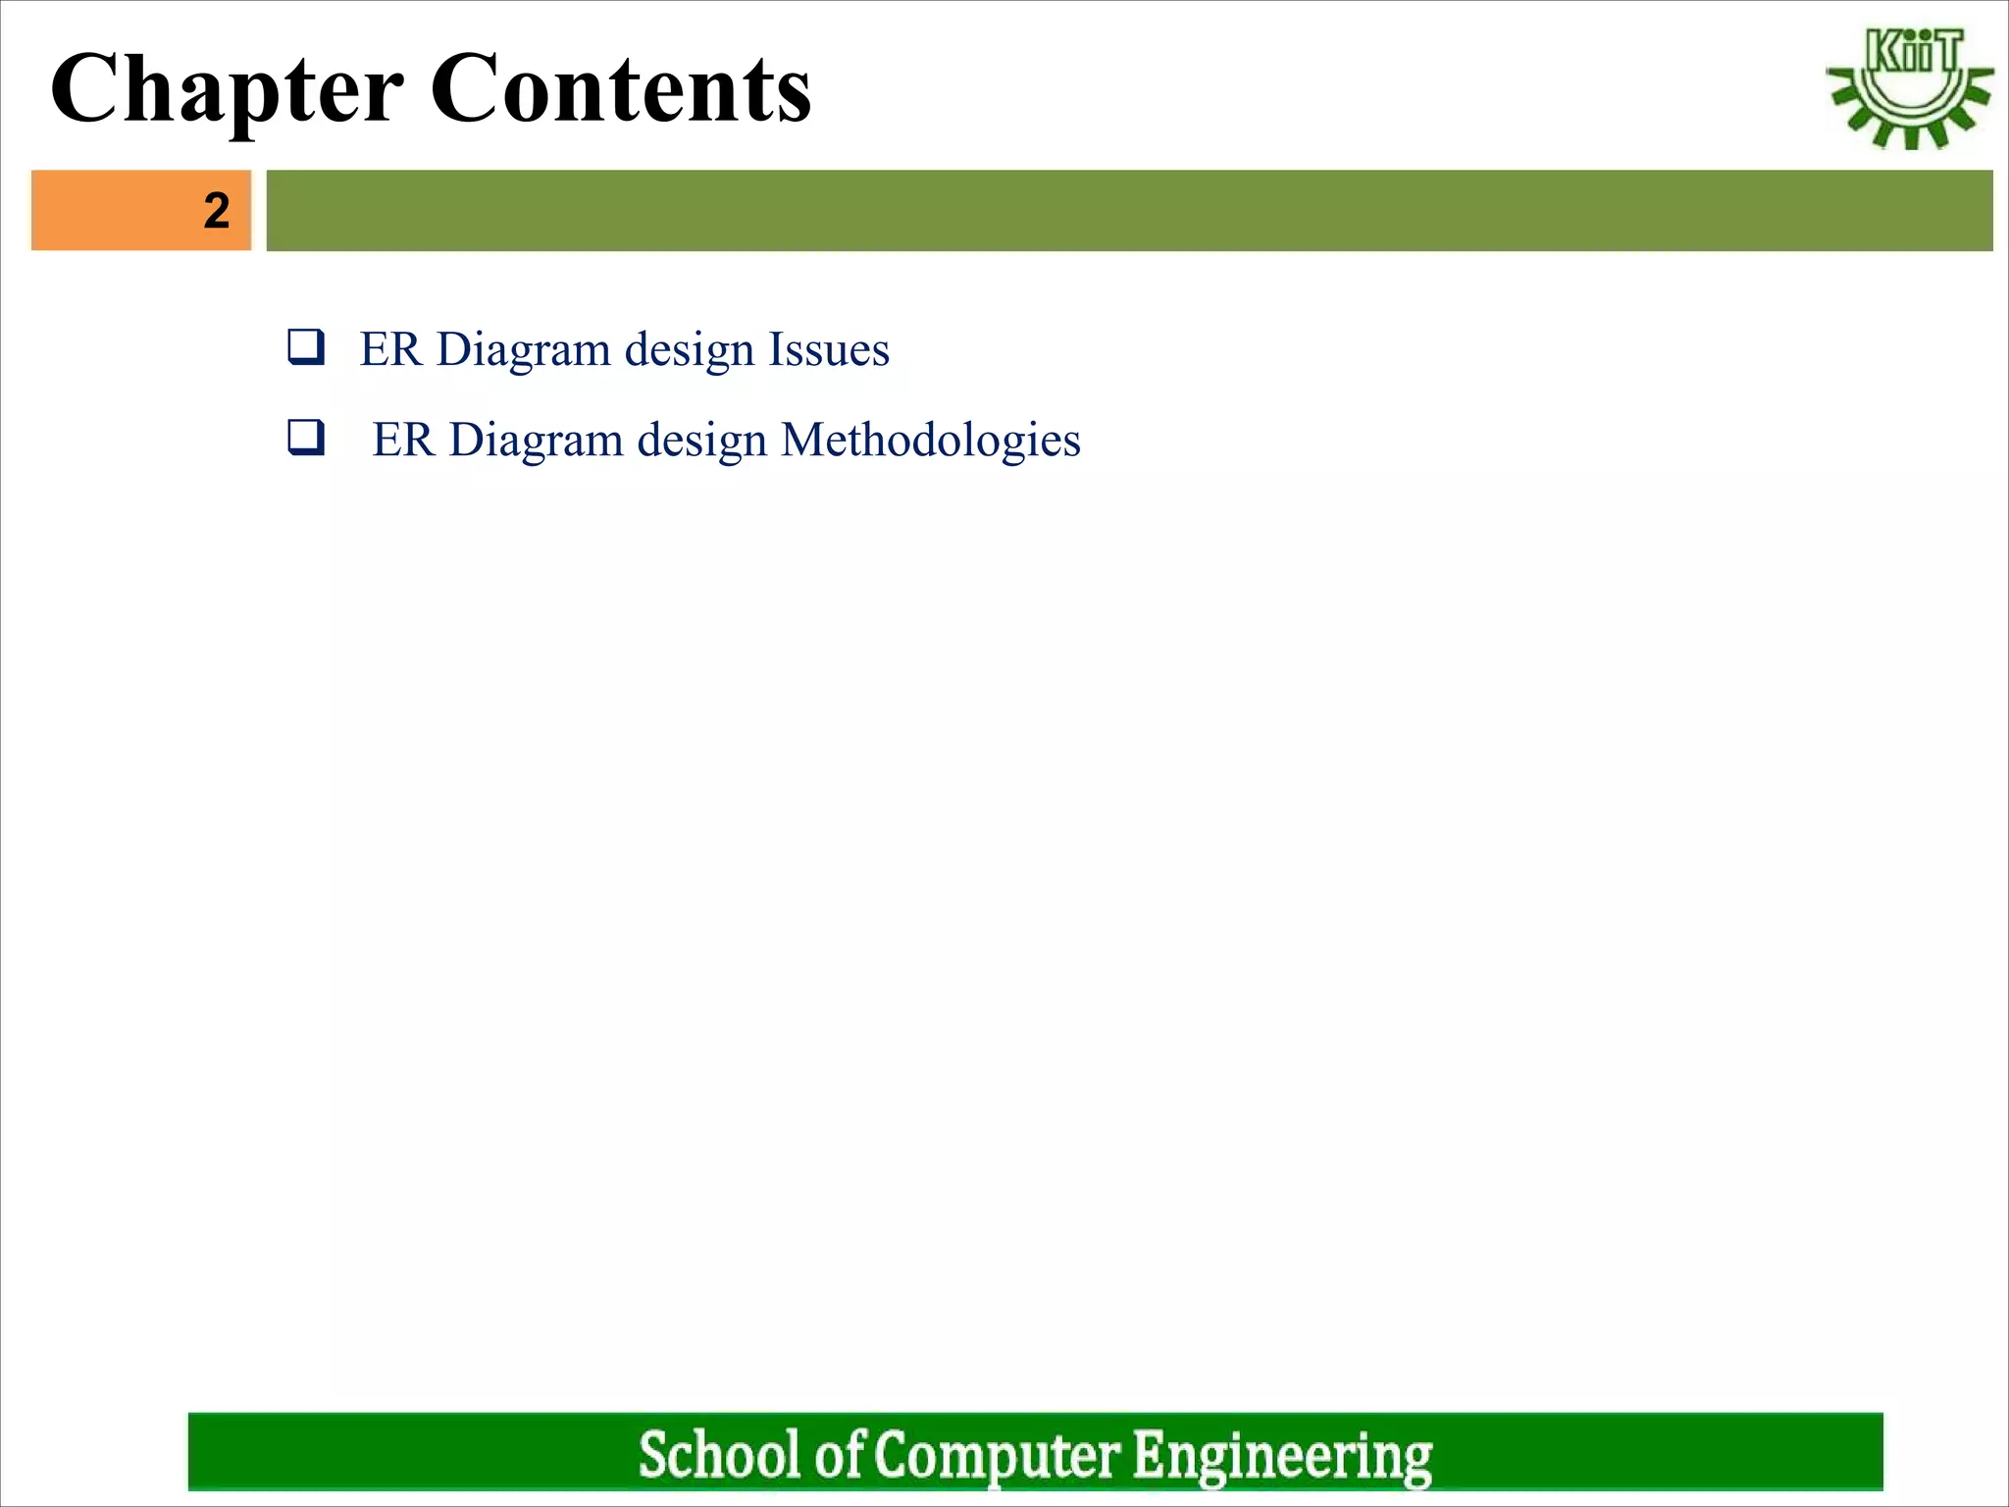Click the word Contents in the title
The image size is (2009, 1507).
click(x=620, y=90)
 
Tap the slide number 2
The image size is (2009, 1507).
click(x=217, y=211)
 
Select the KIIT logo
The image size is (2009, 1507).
click(x=1909, y=88)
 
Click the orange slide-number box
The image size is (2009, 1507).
click(x=141, y=210)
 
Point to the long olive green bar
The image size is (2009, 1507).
click(x=1128, y=210)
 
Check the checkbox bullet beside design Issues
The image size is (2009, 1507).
click(x=306, y=347)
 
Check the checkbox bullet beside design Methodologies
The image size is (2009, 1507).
click(x=306, y=437)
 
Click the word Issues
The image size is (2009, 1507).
click(x=828, y=350)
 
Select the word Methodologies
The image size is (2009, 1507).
click(x=931, y=441)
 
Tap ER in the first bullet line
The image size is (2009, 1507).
click(x=389, y=350)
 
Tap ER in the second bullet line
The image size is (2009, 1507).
click(x=402, y=441)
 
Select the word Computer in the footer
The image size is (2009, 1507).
click(x=996, y=1454)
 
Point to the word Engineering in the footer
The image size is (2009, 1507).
click(x=1282, y=1454)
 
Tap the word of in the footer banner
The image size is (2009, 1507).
click(x=839, y=1454)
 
